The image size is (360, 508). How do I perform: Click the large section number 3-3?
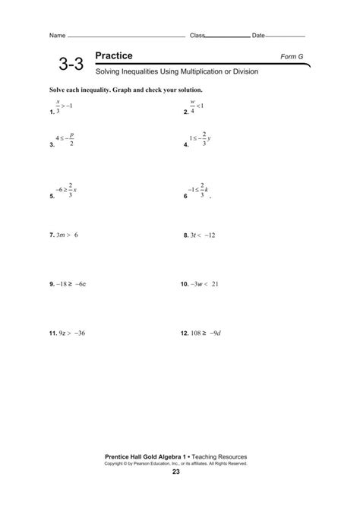point(68,65)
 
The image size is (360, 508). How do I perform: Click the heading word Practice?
point(114,56)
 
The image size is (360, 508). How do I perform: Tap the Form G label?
point(292,57)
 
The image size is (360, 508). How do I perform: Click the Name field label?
point(57,36)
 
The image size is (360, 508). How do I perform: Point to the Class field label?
point(197,36)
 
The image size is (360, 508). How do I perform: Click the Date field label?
point(258,36)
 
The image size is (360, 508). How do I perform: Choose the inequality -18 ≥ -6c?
point(71,284)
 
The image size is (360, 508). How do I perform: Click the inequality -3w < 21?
point(205,284)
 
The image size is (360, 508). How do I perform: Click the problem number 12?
point(184,333)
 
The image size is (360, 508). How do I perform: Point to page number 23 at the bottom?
point(175,472)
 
